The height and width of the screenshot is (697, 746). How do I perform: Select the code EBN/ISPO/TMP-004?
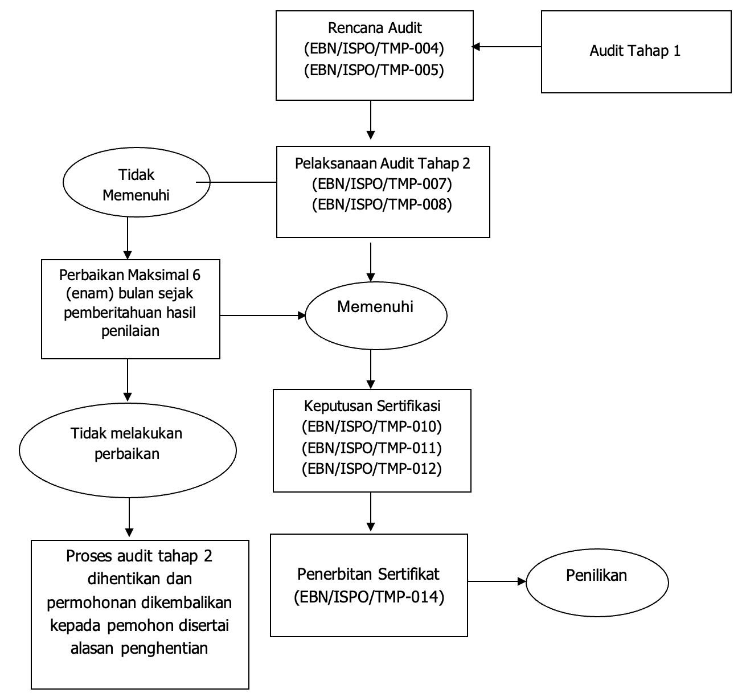click(374, 48)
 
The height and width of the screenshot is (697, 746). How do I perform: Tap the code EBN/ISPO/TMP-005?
click(374, 70)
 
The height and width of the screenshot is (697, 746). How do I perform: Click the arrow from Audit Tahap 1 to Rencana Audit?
click(506, 47)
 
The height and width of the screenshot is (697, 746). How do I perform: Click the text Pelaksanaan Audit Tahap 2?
click(382, 163)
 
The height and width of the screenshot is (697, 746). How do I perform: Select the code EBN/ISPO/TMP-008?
click(382, 204)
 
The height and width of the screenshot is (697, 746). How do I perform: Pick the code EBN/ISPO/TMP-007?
click(382, 184)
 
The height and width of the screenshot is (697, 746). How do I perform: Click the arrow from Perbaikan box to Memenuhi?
click(263, 315)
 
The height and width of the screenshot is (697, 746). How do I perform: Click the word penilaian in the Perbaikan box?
click(130, 331)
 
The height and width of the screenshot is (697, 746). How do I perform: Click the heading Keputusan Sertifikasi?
click(372, 406)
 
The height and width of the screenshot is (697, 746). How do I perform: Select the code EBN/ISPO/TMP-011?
click(371, 448)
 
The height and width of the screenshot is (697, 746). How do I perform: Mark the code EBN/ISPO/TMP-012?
click(371, 469)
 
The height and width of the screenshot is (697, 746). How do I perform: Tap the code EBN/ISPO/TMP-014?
click(369, 597)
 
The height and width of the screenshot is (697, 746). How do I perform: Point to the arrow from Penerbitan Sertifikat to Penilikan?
click(497, 581)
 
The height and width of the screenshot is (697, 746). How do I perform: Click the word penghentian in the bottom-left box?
click(164, 649)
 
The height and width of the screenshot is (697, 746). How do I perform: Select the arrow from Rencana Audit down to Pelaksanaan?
click(371, 120)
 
